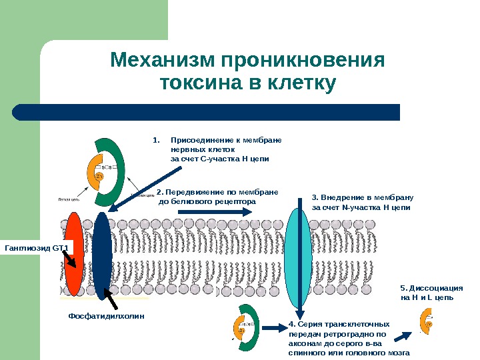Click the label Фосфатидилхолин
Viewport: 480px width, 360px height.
point(107,315)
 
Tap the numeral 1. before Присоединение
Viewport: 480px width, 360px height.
point(157,141)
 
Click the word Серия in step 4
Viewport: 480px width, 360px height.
point(310,324)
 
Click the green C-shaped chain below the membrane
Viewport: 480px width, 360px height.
point(247,330)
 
